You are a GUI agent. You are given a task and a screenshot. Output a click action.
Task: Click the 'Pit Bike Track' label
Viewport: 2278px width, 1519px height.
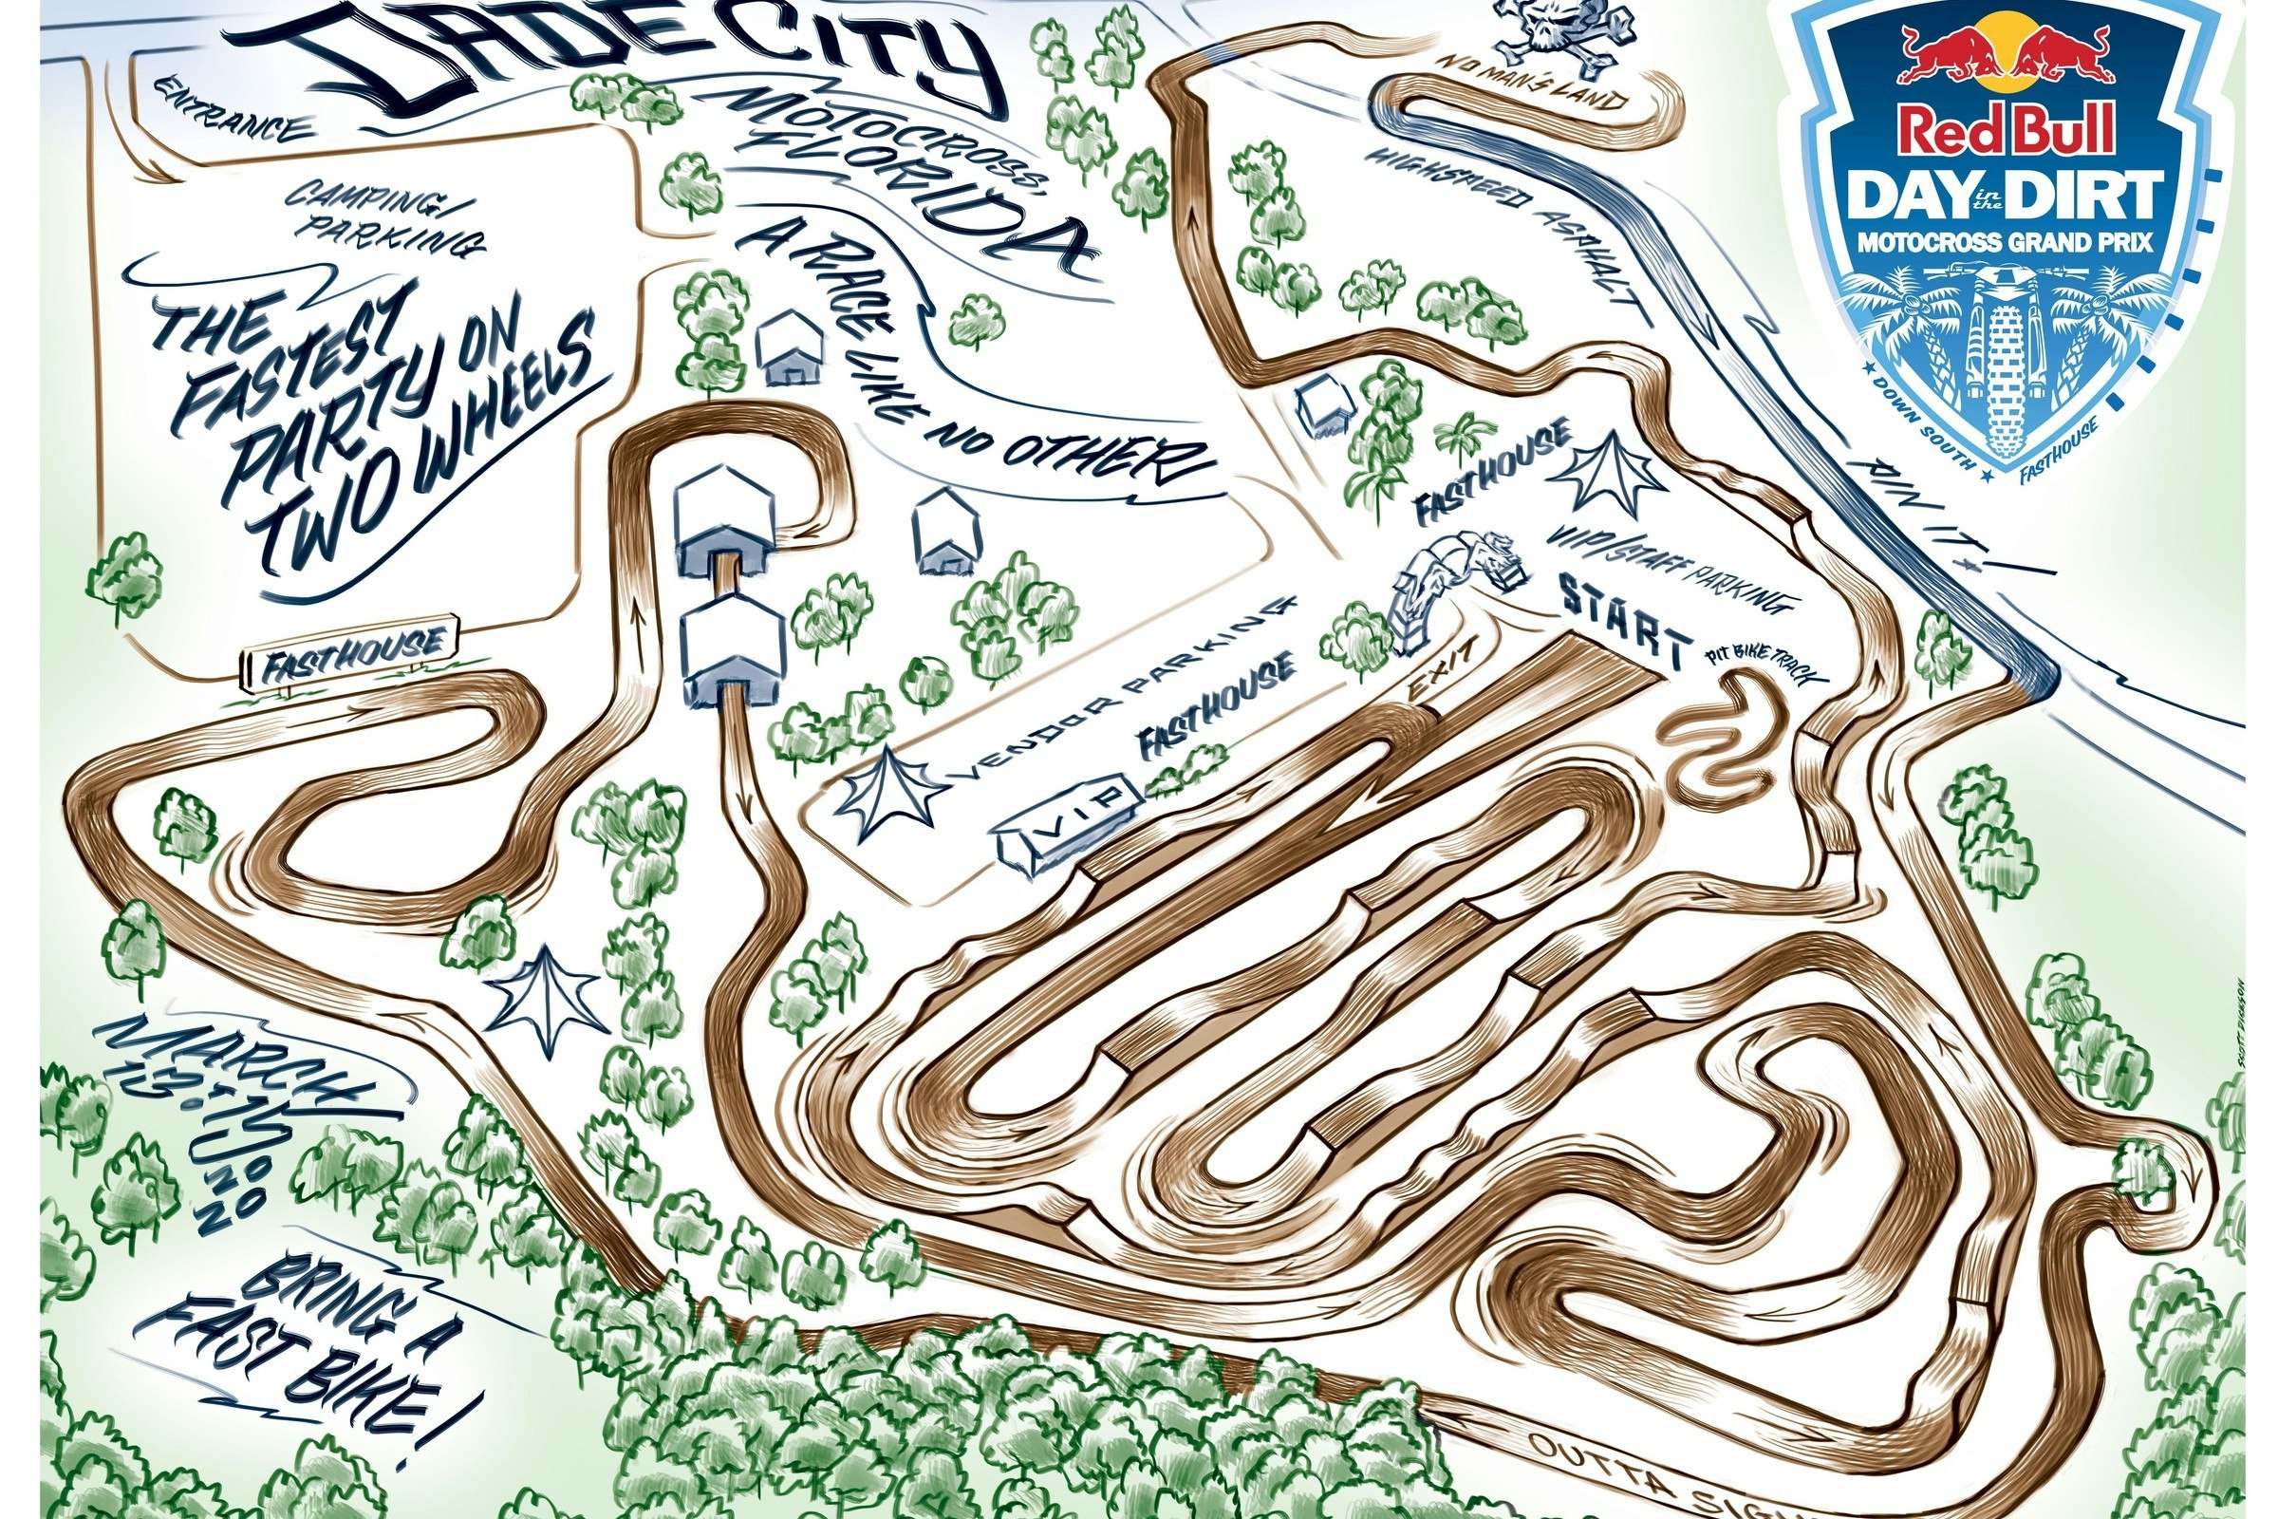[1753, 667]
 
